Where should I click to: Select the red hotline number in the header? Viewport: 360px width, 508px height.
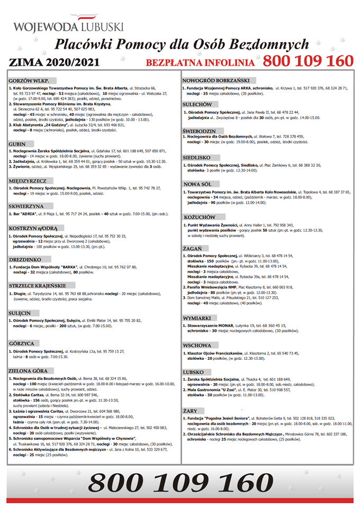(308, 61)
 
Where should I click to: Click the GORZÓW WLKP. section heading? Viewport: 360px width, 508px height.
(27, 79)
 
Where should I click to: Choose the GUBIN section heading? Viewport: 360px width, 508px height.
(18, 143)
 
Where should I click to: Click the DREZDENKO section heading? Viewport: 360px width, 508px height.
(25, 260)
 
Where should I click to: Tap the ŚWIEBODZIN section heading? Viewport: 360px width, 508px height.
(199, 130)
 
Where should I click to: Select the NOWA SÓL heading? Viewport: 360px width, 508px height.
(197, 184)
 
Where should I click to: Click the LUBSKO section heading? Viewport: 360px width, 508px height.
(193, 371)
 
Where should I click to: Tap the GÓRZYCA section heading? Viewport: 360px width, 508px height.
(22, 343)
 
